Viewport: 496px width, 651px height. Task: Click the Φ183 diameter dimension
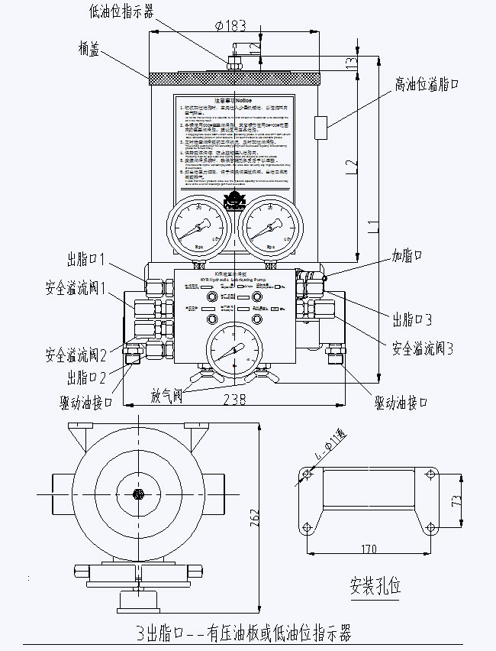pos(230,25)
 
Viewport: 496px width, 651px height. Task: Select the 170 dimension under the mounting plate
pos(369,548)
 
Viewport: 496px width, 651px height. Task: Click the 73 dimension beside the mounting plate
pos(457,500)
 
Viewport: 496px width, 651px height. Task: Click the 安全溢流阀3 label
pos(423,348)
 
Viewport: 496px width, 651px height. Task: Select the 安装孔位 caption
pos(375,586)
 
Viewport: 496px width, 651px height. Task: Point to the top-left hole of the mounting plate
pos(307,476)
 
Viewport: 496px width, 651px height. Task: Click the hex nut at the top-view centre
pos(138,494)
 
